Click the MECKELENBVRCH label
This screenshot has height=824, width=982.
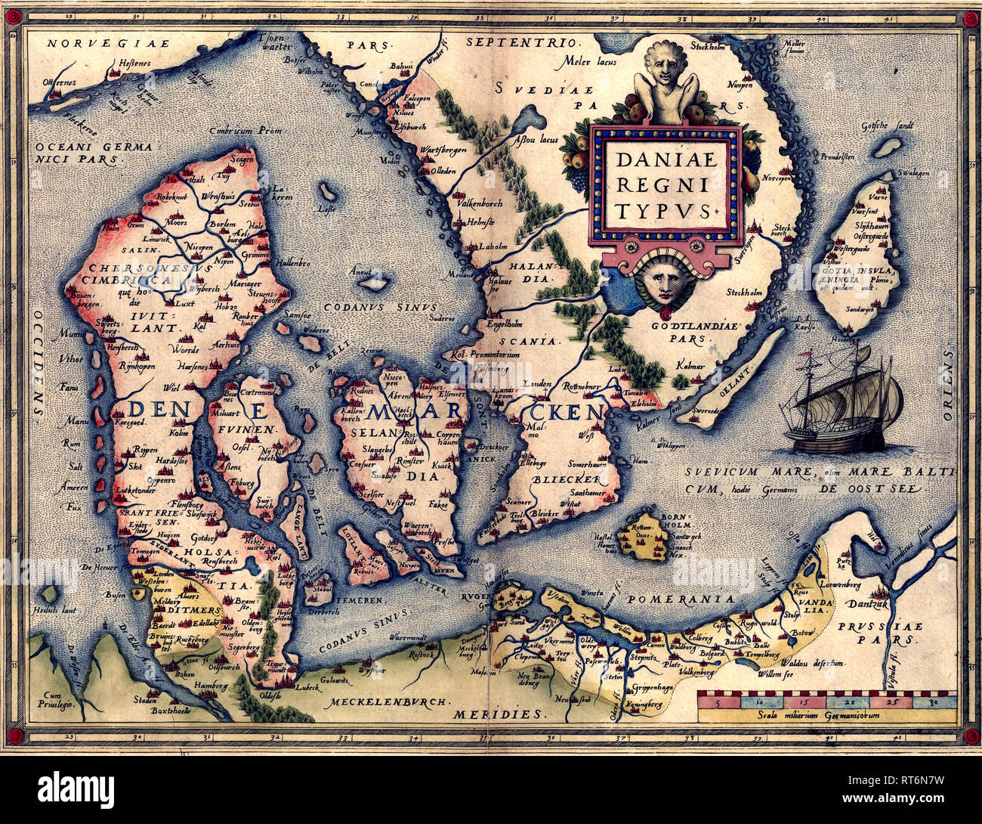[x=385, y=701]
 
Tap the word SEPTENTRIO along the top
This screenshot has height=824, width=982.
[x=520, y=42]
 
